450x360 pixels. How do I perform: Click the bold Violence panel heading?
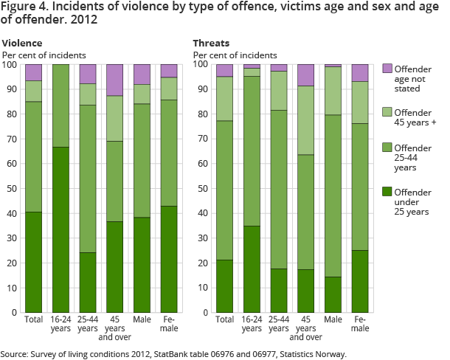[x=22, y=44]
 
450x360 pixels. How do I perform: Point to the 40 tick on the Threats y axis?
[x=202, y=213]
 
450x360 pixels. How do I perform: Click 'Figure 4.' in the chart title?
[x=24, y=9]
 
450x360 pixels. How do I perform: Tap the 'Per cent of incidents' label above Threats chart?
[x=234, y=55]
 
